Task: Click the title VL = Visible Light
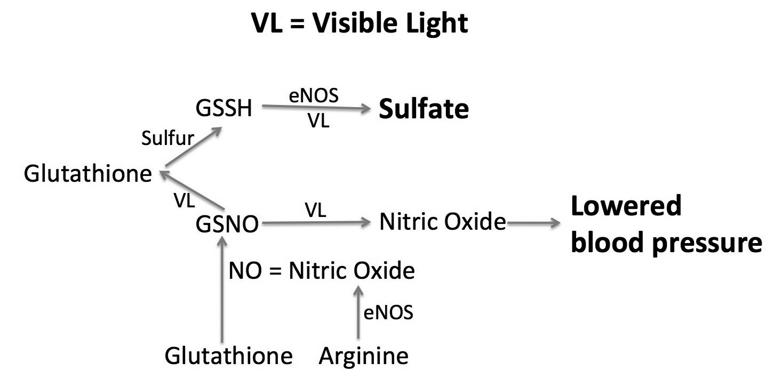(360, 23)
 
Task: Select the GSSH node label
(224, 108)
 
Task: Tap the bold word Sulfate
(424, 109)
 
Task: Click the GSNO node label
(227, 224)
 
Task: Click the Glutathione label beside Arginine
(229, 356)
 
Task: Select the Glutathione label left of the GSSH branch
(88, 173)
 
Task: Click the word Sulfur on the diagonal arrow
(167, 138)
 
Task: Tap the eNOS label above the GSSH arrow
(314, 95)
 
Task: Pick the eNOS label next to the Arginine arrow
(388, 313)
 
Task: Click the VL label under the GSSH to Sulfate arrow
(318, 121)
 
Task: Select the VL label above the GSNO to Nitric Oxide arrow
(315, 210)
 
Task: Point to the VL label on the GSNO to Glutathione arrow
(184, 200)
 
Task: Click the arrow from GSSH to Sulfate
(316, 107)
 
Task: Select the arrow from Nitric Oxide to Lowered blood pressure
(534, 223)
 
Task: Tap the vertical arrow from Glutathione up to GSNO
(222, 289)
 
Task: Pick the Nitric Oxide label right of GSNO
(443, 221)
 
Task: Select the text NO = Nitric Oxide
(322, 270)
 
